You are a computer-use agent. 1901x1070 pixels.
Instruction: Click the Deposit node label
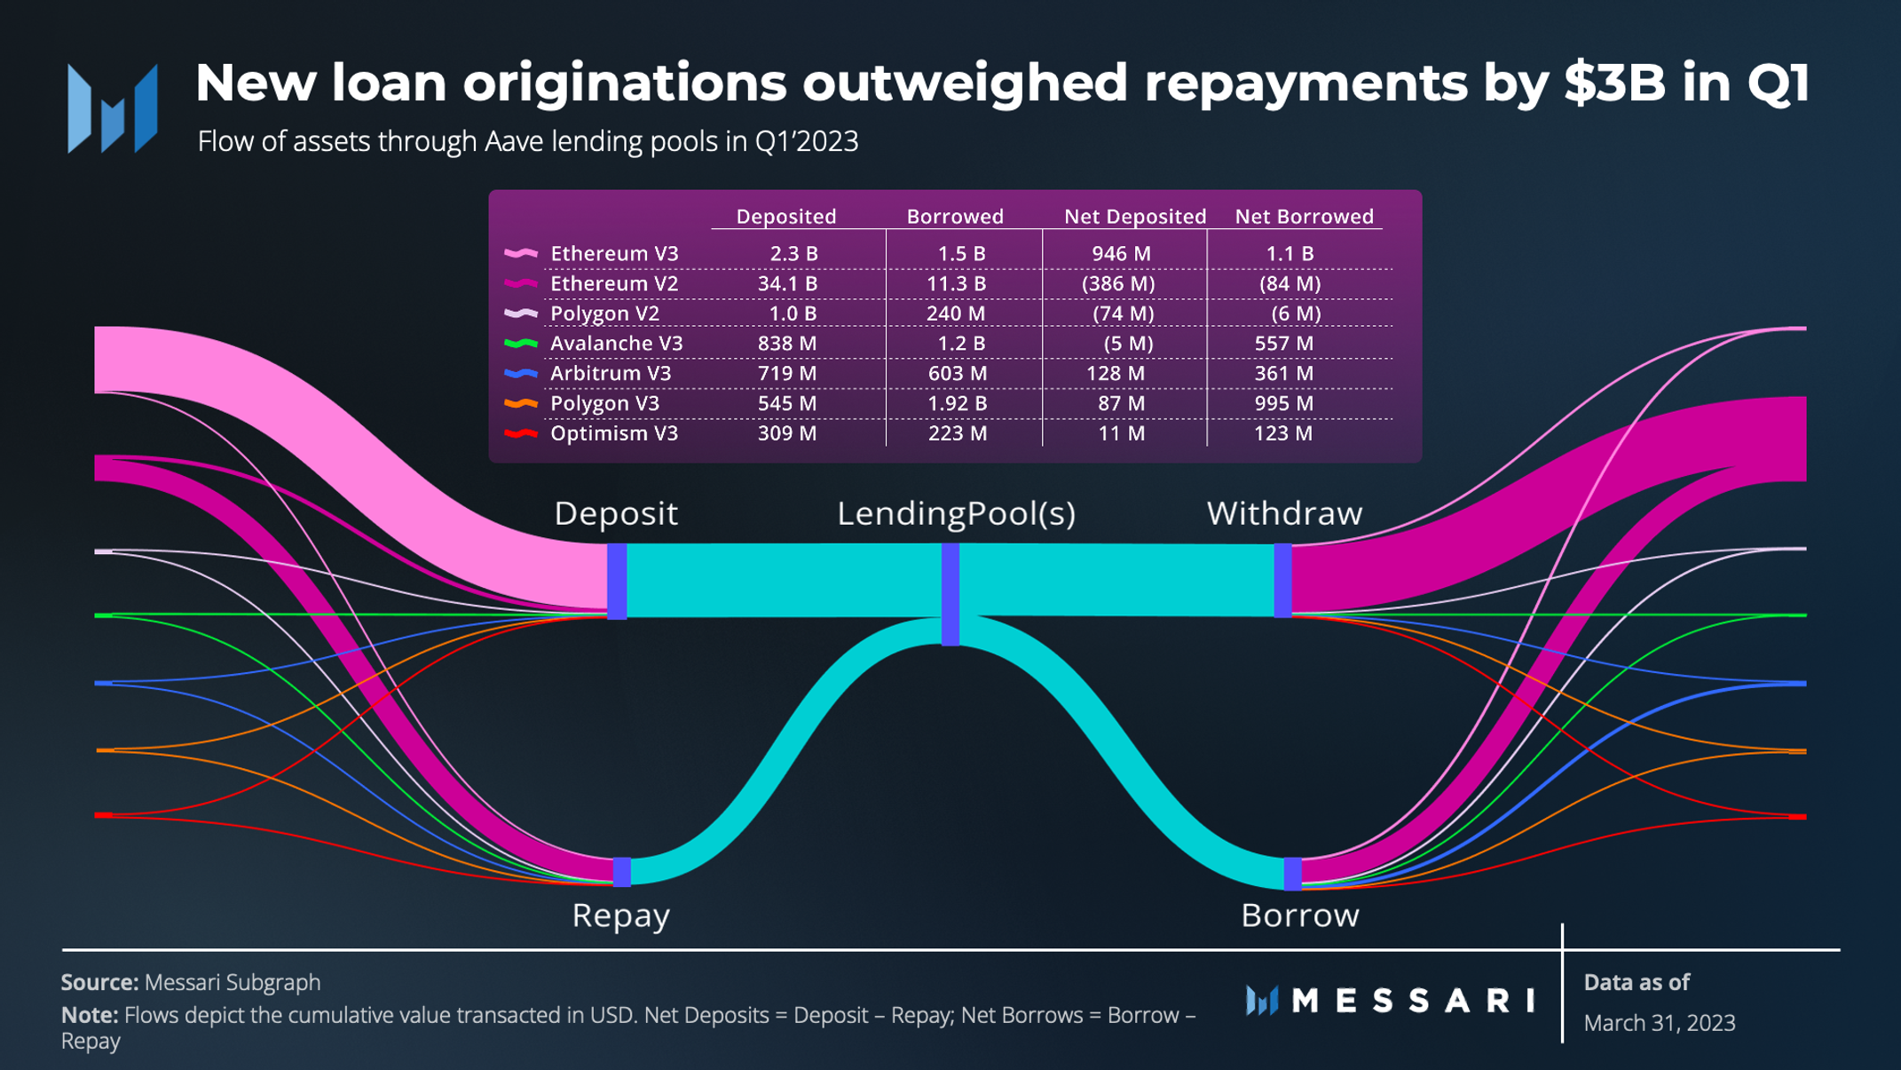point(616,513)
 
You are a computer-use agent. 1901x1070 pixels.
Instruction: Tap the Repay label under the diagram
point(620,915)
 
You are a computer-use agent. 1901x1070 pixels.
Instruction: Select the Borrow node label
point(1299,915)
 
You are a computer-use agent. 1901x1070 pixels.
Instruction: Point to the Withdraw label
point(1284,513)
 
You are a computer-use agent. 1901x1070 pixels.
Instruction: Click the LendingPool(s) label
point(956,513)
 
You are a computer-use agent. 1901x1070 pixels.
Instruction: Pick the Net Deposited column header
point(1134,217)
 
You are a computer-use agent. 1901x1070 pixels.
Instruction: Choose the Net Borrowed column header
point(1304,217)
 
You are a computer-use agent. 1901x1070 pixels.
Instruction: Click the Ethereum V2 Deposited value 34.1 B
point(787,284)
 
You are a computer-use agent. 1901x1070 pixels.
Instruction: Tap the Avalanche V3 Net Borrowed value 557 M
point(1283,344)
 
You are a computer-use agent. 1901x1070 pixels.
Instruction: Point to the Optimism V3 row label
point(613,434)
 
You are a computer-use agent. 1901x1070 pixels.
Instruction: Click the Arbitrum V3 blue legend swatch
point(521,374)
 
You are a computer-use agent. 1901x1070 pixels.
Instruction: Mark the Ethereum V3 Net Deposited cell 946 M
point(1121,254)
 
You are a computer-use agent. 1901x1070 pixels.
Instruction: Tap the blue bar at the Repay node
point(622,871)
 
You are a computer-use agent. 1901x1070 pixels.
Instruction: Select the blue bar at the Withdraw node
point(1282,581)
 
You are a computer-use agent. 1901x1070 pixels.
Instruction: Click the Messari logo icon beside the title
point(113,108)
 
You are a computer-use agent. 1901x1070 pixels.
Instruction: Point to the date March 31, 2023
point(1659,1023)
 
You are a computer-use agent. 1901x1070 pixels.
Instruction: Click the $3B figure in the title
point(1614,83)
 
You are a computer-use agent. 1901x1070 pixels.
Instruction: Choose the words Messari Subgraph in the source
point(233,983)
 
